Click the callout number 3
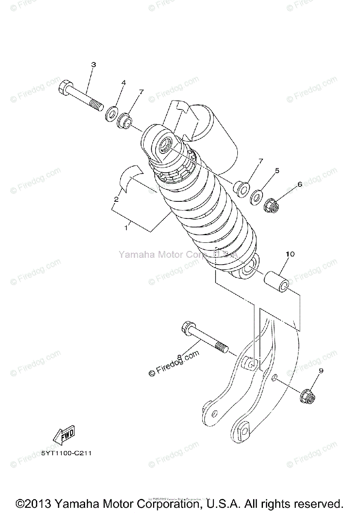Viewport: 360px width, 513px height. click(93, 65)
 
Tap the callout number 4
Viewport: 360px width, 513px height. click(124, 82)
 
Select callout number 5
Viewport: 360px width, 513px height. click(277, 171)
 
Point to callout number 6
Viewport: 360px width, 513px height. click(300, 184)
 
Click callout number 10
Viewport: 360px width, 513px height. click(290, 254)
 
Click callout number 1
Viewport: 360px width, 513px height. click(126, 228)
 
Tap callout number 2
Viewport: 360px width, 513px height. click(116, 199)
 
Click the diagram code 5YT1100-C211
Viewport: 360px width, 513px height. click(67, 453)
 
